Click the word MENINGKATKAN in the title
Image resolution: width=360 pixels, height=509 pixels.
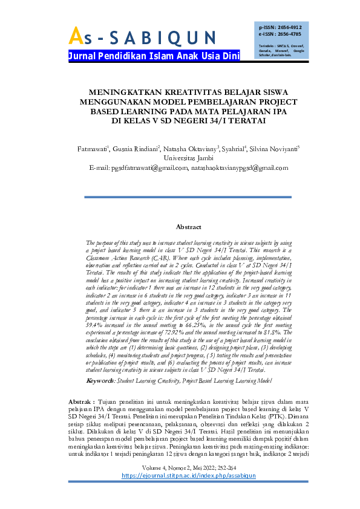124,93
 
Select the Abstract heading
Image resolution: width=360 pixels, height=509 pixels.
188,227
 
